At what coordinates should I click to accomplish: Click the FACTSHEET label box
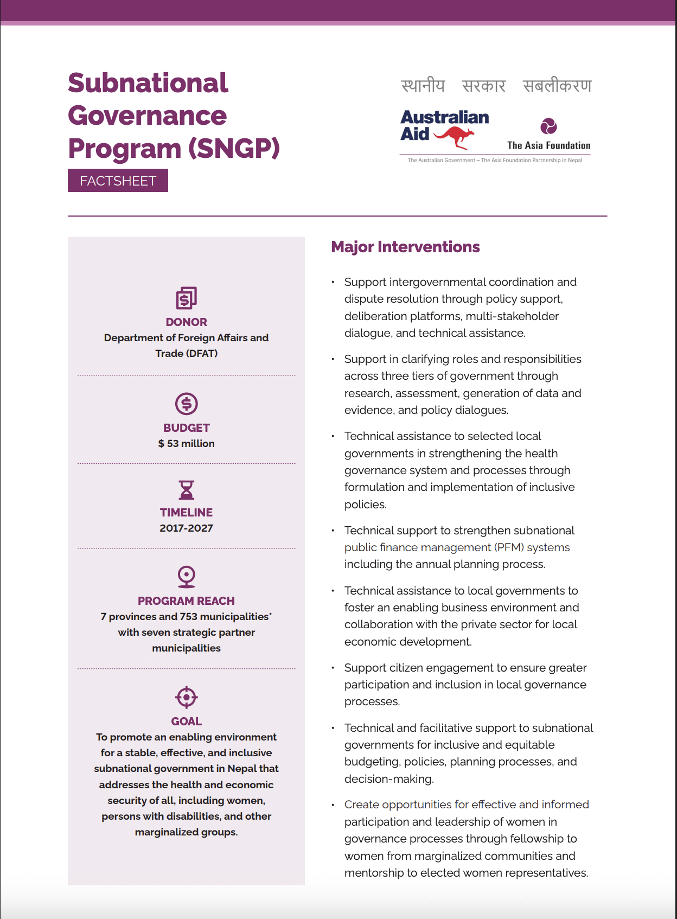tap(118, 181)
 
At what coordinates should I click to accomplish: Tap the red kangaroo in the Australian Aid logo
tap(456, 137)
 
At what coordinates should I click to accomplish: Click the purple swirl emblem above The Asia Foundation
tap(548, 126)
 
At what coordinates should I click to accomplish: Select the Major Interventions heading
tap(405, 247)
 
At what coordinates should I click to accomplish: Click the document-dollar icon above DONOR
tap(186, 298)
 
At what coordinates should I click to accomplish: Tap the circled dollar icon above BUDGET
tap(186, 404)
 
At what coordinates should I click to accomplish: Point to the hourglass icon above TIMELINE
tap(186, 489)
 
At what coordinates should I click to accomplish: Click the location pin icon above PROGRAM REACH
tap(186, 576)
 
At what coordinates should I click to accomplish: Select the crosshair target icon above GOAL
tap(186, 697)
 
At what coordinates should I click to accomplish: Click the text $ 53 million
tap(186, 443)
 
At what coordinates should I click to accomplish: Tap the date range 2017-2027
tap(186, 528)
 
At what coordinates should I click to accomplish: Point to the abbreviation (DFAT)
tap(202, 353)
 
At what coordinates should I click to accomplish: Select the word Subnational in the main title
tap(148, 83)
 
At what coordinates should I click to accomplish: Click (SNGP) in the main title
tap(234, 148)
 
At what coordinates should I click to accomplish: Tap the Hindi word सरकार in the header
tap(483, 86)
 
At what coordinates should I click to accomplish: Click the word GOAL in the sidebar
tap(186, 721)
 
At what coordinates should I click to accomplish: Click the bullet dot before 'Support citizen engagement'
tap(333, 668)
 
